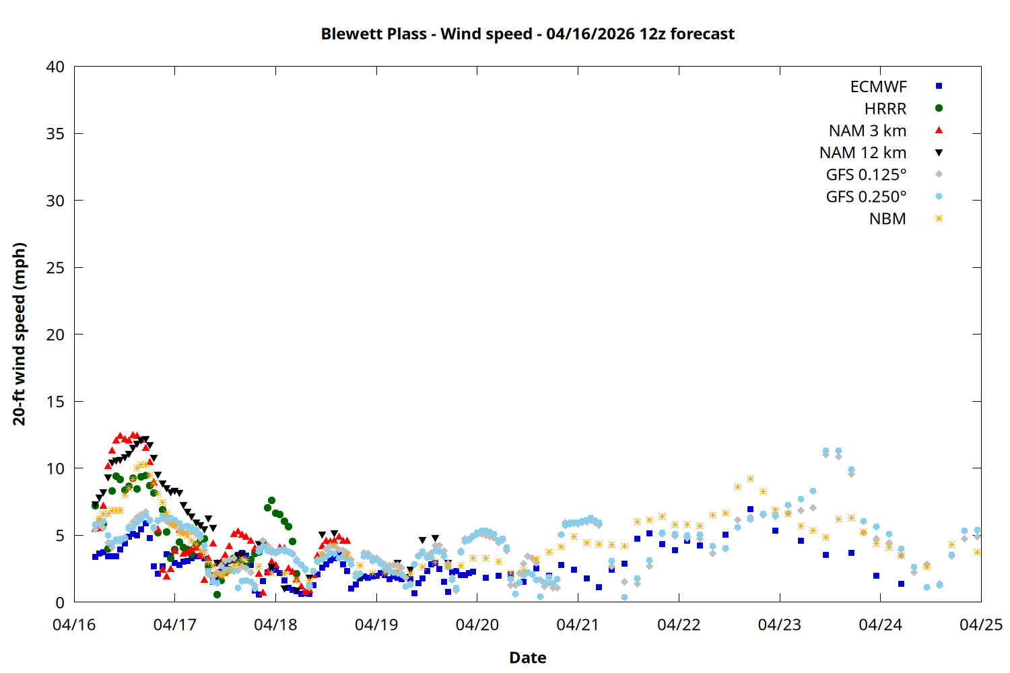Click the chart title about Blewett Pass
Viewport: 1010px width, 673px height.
pos(527,34)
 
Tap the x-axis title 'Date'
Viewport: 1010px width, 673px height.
pos(527,658)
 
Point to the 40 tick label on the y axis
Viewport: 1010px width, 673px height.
pos(55,67)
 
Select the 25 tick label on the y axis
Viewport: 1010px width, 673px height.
pos(55,268)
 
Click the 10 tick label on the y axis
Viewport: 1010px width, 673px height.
pos(55,468)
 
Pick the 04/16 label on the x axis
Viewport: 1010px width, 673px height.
pos(74,625)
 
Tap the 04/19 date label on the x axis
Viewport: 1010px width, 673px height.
pos(376,625)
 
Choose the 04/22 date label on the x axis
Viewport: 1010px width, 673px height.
pos(679,625)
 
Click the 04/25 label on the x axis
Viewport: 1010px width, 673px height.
pos(980,625)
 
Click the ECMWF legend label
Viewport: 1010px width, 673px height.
pos(878,87)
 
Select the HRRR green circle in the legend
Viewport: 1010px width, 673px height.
pos(939,108)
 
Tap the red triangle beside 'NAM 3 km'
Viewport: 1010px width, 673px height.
pos(939,130)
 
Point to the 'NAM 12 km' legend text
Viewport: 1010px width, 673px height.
pos(863,153)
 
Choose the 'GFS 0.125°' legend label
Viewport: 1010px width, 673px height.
pos(866,175)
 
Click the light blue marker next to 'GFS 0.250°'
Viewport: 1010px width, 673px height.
pos(939,197)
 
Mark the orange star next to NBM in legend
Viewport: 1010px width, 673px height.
pos(939,219)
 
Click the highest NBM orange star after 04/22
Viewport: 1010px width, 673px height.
pos(750,479)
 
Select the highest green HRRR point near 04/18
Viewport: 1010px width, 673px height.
pos(271,501)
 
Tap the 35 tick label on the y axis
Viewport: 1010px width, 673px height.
pos(55,134)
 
